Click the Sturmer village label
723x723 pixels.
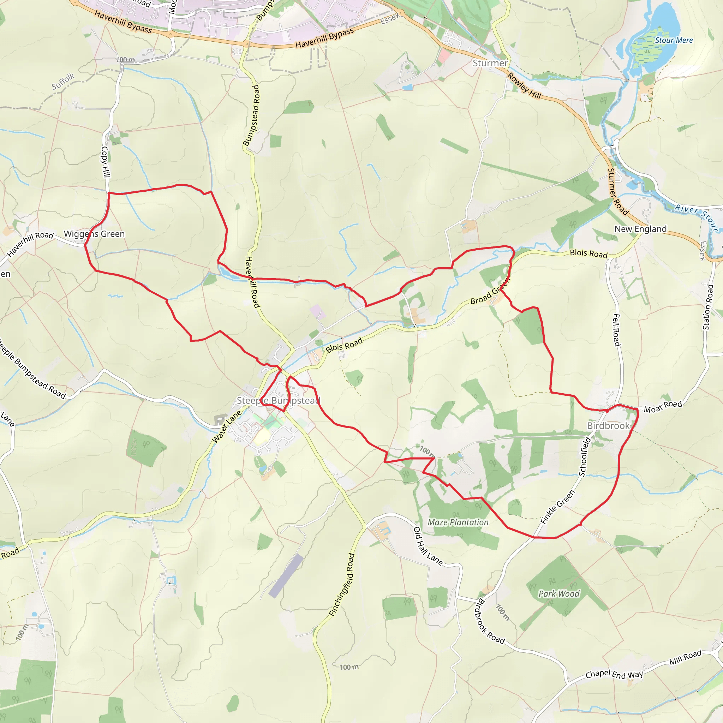pos(490,63)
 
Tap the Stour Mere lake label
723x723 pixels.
pos(674,40)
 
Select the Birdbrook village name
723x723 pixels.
pos(609,426)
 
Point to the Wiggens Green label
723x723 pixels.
pos(94,234)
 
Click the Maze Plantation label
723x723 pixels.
pos(458,522)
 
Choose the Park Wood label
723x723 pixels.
pos(559,594)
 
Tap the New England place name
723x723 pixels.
pos(641,229)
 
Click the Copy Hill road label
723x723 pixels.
pos(106,162)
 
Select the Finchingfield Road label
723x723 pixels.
pos(342,585)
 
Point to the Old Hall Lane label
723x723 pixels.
pos(428,546)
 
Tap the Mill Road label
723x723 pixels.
pos(685,657)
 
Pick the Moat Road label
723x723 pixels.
pos(663,406)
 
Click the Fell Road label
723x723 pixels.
pos(616,330)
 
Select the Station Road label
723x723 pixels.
pos(708,307)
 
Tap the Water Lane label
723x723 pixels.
pos(227,426)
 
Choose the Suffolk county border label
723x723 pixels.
pos(63,81)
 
